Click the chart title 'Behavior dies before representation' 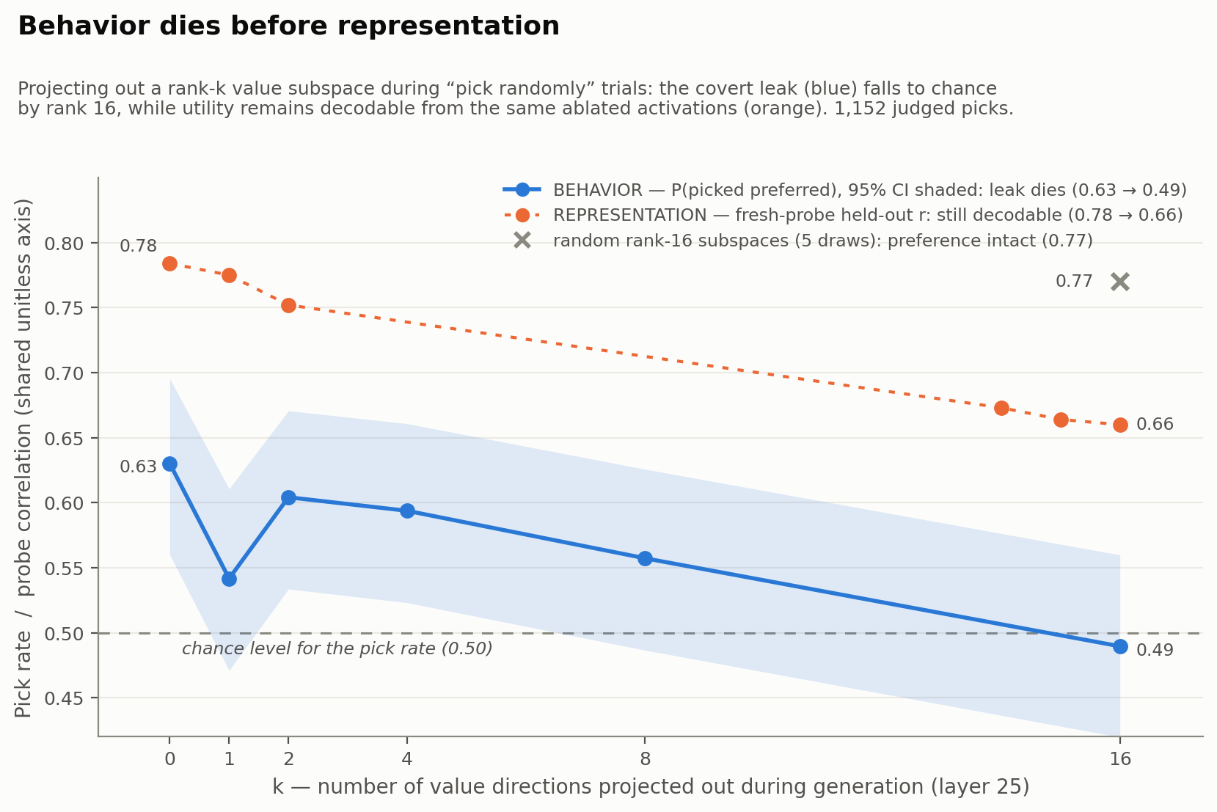click(x=288, y=26)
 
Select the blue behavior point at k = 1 click(x=230, y=579)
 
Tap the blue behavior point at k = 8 click(x=645, y=558)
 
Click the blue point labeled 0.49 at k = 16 click(x=1119, y=646)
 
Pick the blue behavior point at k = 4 click(x=407, y=511)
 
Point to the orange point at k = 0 click(x=169, y=263)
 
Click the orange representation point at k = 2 click(x=288, y=305)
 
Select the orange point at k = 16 click(x=1119, y=425)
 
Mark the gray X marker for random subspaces click(x=1119, y=282)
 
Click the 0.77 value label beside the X click(x=1073, y=282)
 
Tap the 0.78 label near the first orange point click(x=138, y=246)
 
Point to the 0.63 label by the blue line click(x=138, y=467)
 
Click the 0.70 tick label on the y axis click(x=64, y=373)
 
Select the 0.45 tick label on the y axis click(x=64, y=698)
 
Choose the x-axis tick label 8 click(x=645, y=758)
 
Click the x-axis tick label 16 click(x=1119, y=758)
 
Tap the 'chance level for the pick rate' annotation click(x=337, y=648)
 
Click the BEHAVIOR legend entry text click(x=870, y=190)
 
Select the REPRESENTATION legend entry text click(x=868, y=215)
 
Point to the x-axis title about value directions click(x=651, y=786)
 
